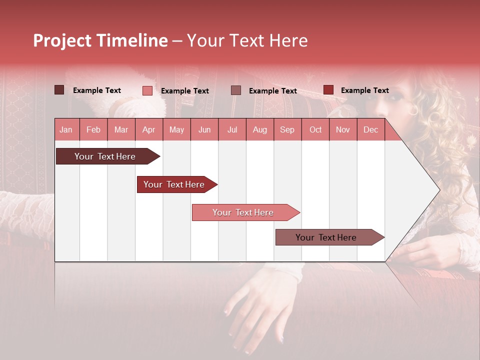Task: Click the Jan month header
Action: (x=66, y=130)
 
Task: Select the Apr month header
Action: (x=148, y=130)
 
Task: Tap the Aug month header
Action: (x=259, y=130)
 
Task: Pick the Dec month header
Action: (x=370, y=130)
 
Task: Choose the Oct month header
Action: (x=315, y=130)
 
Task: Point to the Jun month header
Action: (x=204, y=130)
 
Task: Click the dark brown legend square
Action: (x=59, y=90)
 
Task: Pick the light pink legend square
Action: (x=147, y=90)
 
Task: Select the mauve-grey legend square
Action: (x=236, y=90)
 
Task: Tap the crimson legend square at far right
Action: (x=328, y=90)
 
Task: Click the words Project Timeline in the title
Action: (x=100, y=41)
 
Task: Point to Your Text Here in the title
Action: (x=247, y=41)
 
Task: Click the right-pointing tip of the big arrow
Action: (x=437, y=190)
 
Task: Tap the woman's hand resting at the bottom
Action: (x=255, y=310)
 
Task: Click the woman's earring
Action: (x=413, y=109)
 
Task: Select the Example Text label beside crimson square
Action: (x=364, y=90)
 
